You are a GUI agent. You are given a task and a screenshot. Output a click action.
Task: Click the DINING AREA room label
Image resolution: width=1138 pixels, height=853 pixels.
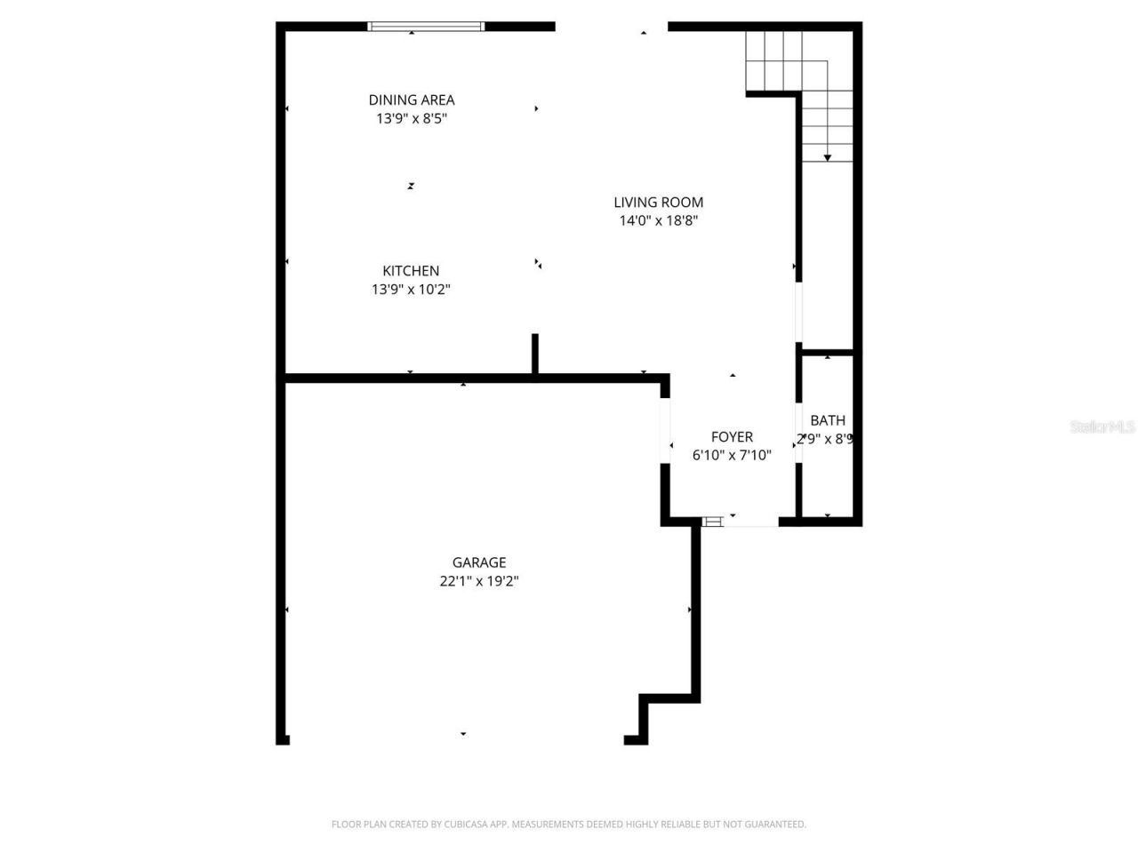tap(412, 100)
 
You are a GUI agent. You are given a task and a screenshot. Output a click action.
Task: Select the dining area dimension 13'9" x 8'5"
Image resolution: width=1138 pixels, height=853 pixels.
tap(412, 118)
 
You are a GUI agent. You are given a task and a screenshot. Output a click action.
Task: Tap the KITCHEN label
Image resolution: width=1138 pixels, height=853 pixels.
tap(411, 271)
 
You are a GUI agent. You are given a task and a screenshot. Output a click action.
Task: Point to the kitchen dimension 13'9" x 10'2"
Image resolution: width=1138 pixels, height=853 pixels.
tap(411, 290)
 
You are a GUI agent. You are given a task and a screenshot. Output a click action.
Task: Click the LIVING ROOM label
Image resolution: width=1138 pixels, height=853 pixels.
tap(658, 203)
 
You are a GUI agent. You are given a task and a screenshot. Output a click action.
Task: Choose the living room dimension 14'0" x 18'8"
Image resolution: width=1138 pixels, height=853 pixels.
tap(658, 221)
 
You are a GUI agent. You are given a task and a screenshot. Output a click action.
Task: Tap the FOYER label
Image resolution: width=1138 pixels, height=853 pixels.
tap(732, 436)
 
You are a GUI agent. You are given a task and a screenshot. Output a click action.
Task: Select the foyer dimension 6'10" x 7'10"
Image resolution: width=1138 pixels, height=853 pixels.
tap(732, 455)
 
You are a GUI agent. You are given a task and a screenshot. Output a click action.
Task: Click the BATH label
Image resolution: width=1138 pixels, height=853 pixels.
tap(828, 420)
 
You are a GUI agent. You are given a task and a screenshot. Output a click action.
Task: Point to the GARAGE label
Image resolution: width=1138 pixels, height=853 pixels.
tap(479, 562)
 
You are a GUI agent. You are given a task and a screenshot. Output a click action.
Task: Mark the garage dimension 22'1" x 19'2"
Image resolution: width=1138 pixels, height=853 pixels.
tap(479, 581)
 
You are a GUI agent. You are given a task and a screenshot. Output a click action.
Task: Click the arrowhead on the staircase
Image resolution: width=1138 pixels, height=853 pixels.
tap(828, 157)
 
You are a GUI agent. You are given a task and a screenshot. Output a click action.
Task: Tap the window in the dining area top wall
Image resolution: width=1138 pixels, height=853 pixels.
tap(427, 27)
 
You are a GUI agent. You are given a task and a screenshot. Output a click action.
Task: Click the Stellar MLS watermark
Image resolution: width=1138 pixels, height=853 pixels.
tap(1102, 427)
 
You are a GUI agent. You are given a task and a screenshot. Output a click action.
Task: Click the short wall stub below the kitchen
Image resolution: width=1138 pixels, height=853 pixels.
tap(535, 355)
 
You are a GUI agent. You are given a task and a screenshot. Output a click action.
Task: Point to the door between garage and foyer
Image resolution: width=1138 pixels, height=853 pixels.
tap(665, 431)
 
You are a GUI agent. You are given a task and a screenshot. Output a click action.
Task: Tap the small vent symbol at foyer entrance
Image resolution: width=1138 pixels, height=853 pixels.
tap(712, 522)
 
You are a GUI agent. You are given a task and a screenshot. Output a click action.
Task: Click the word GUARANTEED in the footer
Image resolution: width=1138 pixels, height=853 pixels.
tap(777, 825)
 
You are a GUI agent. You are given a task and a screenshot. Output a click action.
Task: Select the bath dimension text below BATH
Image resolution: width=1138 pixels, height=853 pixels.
tap(827, 439)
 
